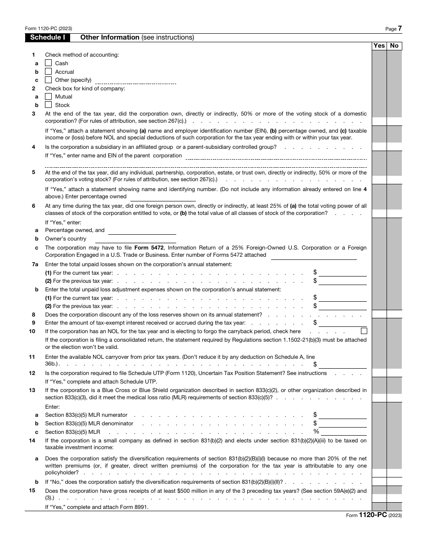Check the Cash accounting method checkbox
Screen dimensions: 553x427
tap(49, 63)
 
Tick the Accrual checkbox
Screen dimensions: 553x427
tap(49, 71)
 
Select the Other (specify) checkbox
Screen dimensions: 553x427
tap(49, 80)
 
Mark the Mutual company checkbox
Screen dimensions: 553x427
tap(49, 97)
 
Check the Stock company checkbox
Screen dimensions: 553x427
tap(49, 105)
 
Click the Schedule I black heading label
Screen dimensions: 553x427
tap(47, 38)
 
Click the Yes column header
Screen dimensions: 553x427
tap(379, 45)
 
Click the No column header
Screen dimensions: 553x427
tap(394, 45)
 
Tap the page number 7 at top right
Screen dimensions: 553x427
tap(400, 28)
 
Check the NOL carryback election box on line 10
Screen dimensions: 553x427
tap(364, 331)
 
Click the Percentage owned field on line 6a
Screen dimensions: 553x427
tap(142, 230)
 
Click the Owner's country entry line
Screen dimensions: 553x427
tap(142, 239)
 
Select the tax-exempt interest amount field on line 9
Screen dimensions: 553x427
tap(342, 322)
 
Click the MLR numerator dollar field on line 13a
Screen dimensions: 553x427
tap(342, 415)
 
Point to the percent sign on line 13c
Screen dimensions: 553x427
tap(316, 432)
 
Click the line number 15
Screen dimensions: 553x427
tap(32, 491)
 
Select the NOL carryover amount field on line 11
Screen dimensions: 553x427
tap(342, 364)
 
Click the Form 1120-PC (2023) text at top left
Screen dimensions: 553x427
tap(44, 28)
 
